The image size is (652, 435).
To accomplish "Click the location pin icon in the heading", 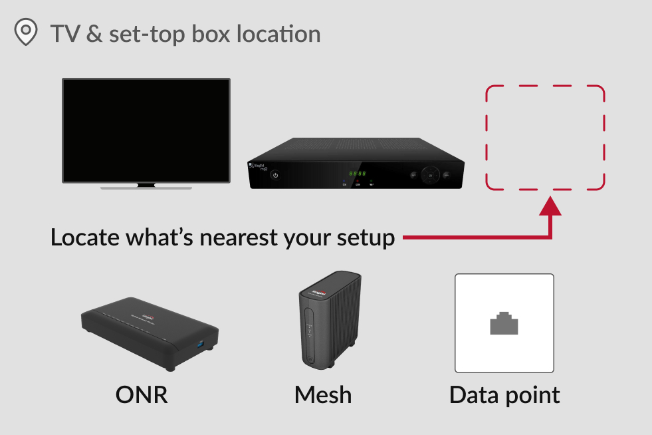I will pyautogui.click(x=26, y=32).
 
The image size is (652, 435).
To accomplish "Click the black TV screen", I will pyautogui.click(x=146, y=130).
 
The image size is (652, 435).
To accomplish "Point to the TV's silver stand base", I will pyautogui.click(x=146, y=187).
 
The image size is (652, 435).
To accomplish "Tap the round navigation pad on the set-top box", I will pyautogui.click(x=430, y=175).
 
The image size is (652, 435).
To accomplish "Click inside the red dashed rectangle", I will pyautogui.click(x=545, y=137).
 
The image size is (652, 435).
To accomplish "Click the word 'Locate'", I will pyautogui.click(x=90, y=237).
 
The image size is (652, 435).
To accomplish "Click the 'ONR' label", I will pyautogui.click(x=142, y=394).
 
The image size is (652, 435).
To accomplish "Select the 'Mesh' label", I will pyautogui.click(x=323, y=394).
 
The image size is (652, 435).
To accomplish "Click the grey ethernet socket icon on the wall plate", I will pyautogui.click(x=504, y=323).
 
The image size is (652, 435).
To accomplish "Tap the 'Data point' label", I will pyautogui.click(x=504, y=394).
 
